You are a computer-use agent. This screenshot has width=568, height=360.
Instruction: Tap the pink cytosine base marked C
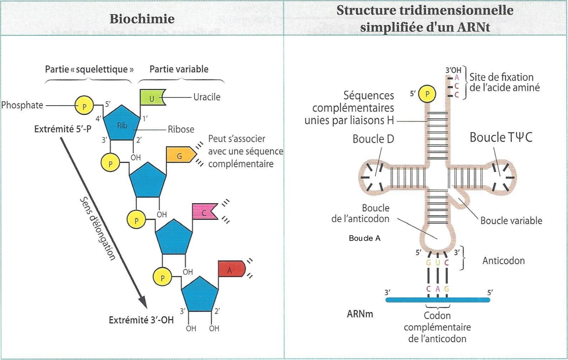(204, 212)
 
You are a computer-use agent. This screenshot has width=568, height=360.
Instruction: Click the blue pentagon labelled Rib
(122, 123)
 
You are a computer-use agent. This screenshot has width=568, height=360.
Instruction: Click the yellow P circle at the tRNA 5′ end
(427, 94)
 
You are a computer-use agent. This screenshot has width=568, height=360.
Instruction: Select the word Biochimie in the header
(142, 19)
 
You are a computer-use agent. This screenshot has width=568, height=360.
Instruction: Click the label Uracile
(207, 97)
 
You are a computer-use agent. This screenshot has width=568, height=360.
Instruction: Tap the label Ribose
(181, 129)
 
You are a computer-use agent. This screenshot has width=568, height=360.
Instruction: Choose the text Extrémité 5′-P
(63, 129)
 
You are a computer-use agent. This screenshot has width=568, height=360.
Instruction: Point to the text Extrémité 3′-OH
(141, 320)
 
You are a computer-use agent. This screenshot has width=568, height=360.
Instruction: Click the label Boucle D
(373, 139)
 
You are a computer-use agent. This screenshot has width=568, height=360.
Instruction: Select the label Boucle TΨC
(501, 137)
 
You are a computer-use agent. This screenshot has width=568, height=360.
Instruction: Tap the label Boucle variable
(511, 220)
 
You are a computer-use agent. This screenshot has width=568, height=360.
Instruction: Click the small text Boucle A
(365, 238)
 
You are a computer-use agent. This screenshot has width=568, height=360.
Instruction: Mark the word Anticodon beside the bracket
(503, 261)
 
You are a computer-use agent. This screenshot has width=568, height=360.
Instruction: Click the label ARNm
(360, 314)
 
